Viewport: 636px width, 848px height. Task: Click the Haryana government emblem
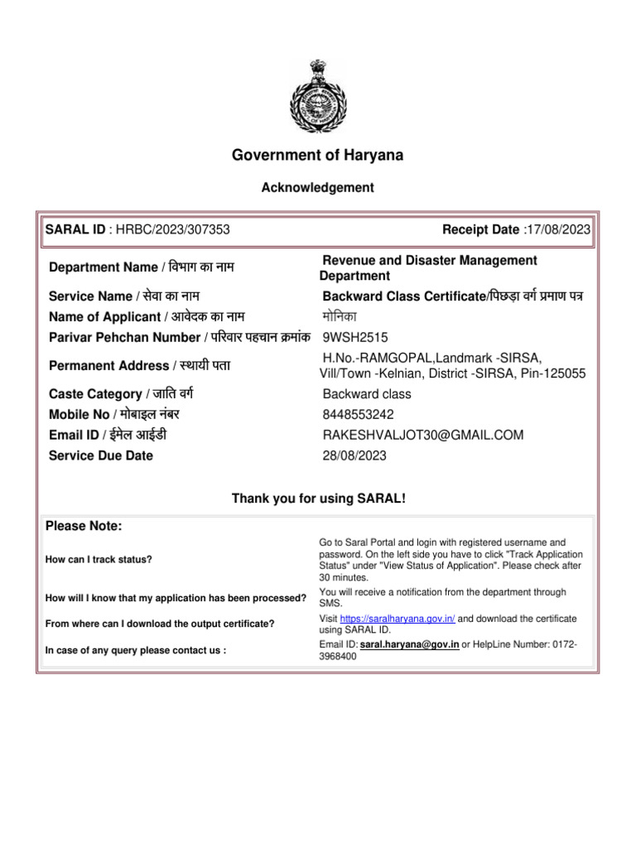pyautogui.click(x=318, y=100)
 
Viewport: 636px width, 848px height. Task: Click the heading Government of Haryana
pyautogui.click(x=318, y=155)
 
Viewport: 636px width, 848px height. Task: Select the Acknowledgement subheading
pyautogui.click(x=318, y=188)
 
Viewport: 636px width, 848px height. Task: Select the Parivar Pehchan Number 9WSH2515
pyautogui.click(x=354, y=337)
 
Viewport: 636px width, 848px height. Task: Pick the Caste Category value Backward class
pyautogui.click(x=367, y=394)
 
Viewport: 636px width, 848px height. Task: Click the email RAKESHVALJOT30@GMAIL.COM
pyautogui.click(x=423, y=435)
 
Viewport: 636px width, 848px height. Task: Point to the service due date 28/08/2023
pyautogui.click(x=354, y=455)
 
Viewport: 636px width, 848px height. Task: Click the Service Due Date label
pyautogui.click(x=101, y=455)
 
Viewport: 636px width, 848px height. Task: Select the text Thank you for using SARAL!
pyautogui.click(x=318, y=499)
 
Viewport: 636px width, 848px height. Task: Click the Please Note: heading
pyautogui.click(x=84, y=526)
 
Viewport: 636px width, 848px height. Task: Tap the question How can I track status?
pyautogui.click(x=99, y=560)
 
